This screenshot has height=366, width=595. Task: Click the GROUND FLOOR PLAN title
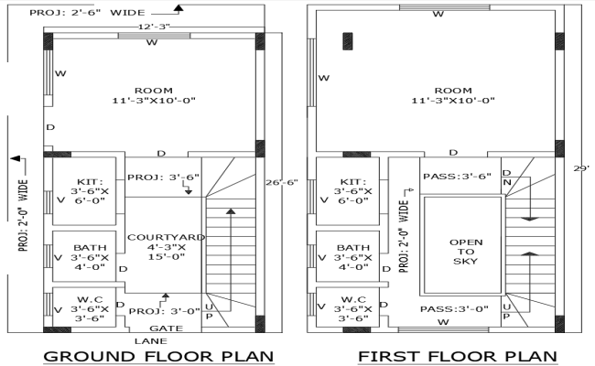tap(158, 355)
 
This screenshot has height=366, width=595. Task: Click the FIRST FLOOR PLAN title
tap(459, 355)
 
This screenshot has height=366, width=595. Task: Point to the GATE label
tap(165, 327)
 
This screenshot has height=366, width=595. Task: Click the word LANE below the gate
tap(165, 339)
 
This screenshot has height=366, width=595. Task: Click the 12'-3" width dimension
tap(152, 27)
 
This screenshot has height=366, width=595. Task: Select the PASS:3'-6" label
tap(457, 176)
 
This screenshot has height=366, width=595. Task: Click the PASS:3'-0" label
tap(456, 309)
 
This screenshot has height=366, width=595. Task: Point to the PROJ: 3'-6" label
tap(163, 177)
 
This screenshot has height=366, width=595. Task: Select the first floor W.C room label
tap(353, 309)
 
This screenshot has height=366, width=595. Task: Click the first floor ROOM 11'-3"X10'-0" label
tap(452, 95)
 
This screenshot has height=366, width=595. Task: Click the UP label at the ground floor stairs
tap(210, 310)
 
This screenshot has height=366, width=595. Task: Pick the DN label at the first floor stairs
tap(506, 178)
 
